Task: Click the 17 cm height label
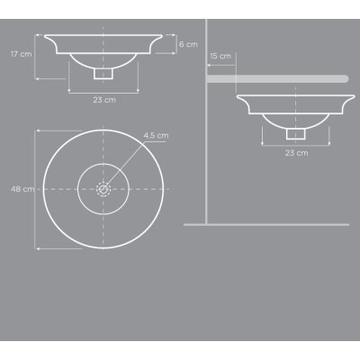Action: [21, 54]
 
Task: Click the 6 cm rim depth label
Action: [188, 44]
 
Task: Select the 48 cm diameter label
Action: [22, 189]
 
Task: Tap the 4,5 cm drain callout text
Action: [156, 136]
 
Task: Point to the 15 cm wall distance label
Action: [220, 56]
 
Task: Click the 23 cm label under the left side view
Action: [104, 100]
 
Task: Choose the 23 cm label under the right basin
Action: [296, 153]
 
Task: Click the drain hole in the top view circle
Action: [103, 189]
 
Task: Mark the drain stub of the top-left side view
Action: [103, 74]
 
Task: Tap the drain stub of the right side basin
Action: [296, 134]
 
